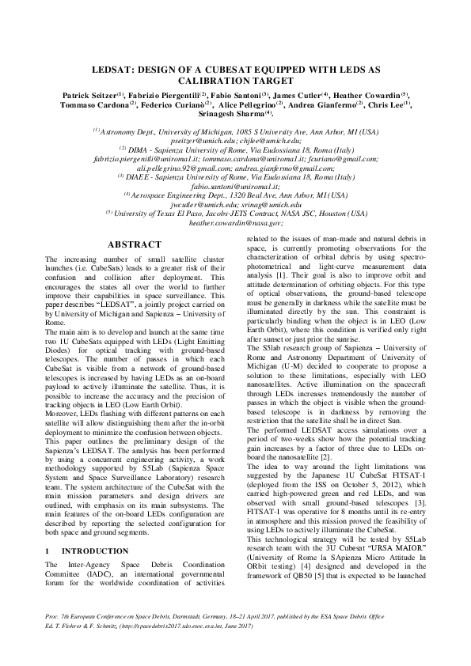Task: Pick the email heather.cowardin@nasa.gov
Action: [236, 223]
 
